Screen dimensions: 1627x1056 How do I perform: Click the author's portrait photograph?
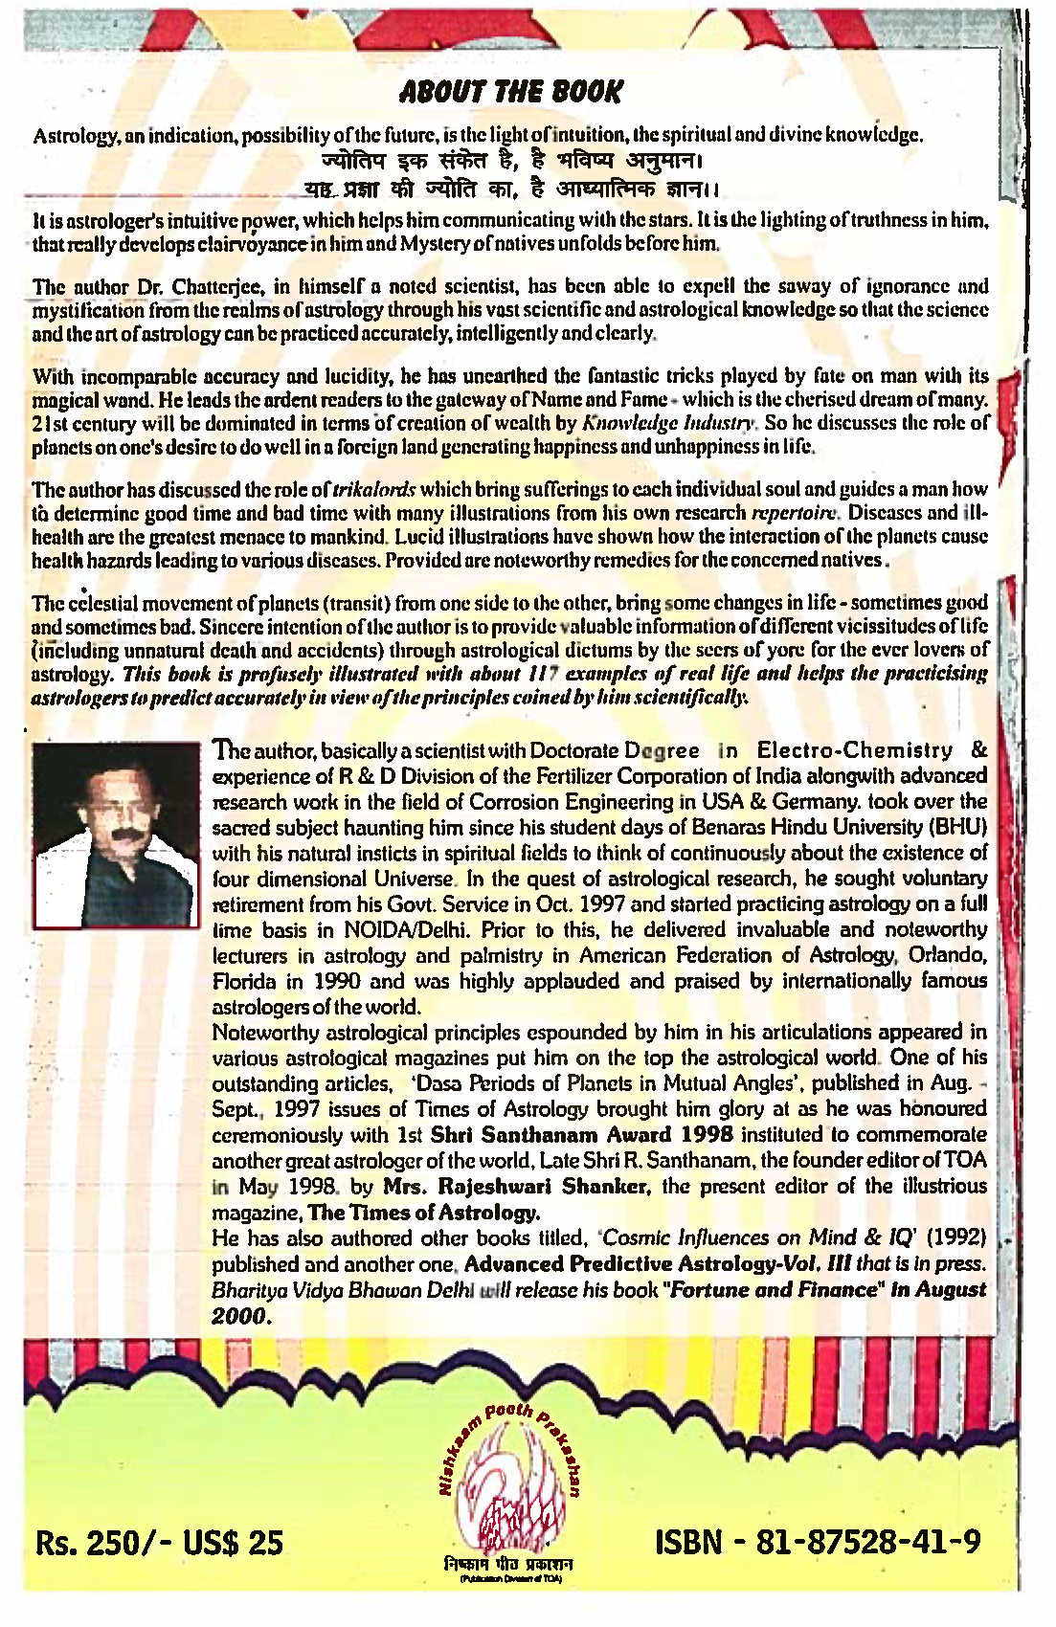click(115, 834)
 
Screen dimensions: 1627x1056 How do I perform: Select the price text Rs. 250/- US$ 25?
click(160, 1543)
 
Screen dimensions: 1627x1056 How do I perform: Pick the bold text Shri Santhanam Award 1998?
click(582, 1135)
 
